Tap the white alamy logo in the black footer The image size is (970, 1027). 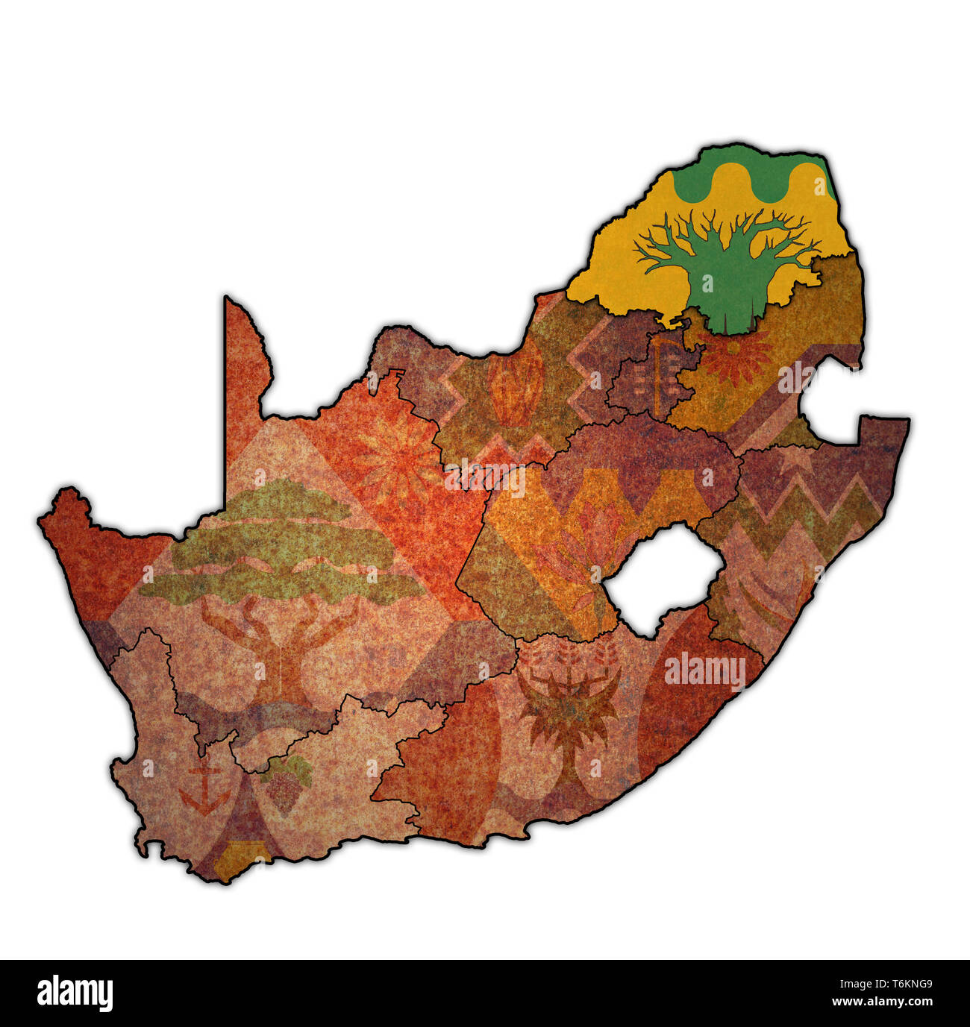coord(75,993)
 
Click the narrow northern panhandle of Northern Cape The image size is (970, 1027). coord(242,373)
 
